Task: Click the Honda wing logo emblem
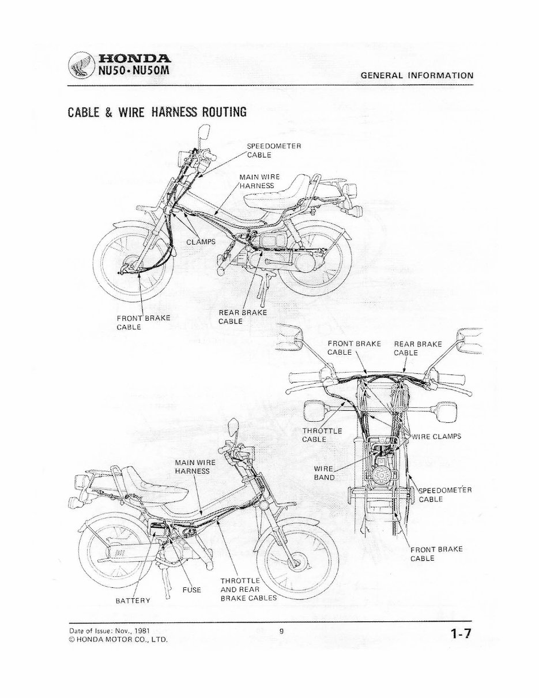pos(80,65)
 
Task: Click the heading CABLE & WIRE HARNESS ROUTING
pos(157,111)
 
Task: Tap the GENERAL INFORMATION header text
pos(417,75)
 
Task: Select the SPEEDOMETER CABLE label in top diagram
pos(274,150)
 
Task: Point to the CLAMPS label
pos(200,241)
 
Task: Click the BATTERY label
pos(133,601)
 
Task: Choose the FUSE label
pos(191,590)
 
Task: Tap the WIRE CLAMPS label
pos(436,437)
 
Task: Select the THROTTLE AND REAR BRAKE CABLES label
pos(248,589)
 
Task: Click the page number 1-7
pos(461,635)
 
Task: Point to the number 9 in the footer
pos(281,631)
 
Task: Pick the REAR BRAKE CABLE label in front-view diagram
pos(417,348)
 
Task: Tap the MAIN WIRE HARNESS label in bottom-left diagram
pos(195,467)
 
